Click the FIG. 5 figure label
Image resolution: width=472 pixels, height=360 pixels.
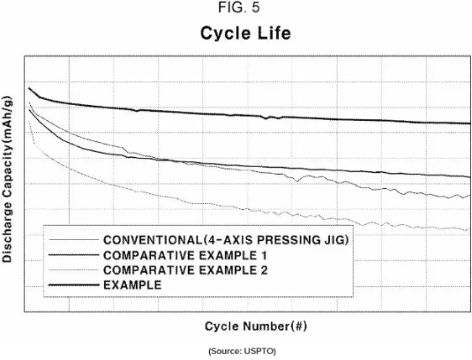click(x=239, y=8)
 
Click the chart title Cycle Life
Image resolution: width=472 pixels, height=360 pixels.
click(x=245, y=33)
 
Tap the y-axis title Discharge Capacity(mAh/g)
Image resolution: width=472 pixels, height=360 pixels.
click(x=7, y=179)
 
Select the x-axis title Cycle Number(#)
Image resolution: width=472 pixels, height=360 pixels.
click(x=256, y=326)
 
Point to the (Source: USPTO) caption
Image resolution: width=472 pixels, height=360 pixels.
click(x=243, y=351)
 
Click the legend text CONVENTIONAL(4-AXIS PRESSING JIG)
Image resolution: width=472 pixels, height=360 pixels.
click(x=226, y=240)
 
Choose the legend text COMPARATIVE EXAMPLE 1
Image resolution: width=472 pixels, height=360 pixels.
click(x=185, y=255)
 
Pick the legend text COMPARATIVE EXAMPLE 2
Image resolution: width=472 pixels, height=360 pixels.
click(x=185, y=270)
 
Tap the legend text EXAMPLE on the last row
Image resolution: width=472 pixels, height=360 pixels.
click(x=132, y=285)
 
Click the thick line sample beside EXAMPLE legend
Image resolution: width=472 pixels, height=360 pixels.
click(x=74, y=285)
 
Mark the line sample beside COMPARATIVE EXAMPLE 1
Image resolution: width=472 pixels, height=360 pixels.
click(x=74, y=255)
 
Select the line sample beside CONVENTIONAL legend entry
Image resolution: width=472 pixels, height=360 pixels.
click(x=74, y=240)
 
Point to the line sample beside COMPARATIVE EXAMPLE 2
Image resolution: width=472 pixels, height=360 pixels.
click(x=74, y=270)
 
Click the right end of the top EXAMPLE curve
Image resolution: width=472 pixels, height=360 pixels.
click(x=470, y=124)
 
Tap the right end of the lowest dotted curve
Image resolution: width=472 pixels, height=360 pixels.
click(x=469, y=229)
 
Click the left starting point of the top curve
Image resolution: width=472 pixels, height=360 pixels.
click(x=29, y=88)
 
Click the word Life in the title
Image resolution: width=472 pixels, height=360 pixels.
click(x=273, y=33)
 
